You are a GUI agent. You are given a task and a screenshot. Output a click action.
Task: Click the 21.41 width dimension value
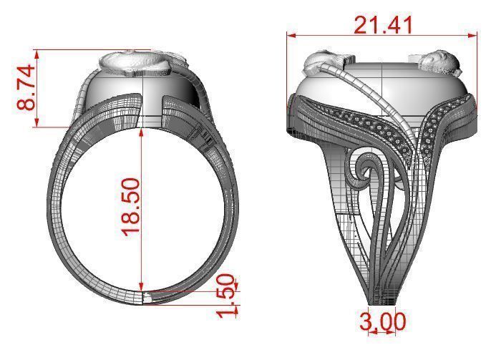pyautogui.click(x=384, y=25)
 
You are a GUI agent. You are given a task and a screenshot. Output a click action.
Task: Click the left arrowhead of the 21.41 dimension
pyautogui.click(x=289, y=34)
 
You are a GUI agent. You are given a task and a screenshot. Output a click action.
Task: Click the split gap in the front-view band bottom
pyautogui.click(x=146, y=297)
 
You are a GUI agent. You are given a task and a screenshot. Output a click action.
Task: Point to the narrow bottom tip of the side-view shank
pyautogui.click(x=379, y=298)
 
